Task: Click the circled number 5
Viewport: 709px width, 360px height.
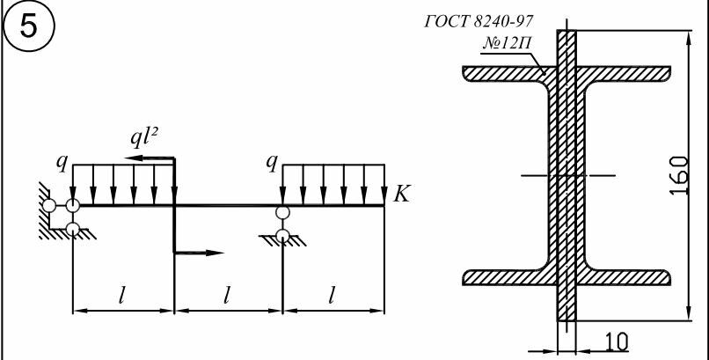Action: tap(28, 27)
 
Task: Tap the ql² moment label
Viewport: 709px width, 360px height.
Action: tap(144, 138)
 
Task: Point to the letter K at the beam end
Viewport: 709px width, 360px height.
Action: tap(400, 194)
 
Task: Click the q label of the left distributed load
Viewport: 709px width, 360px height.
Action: tap(61, 164)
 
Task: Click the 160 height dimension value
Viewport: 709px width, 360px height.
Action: tap(679, 175)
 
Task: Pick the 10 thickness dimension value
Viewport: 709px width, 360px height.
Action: tap(616, 342)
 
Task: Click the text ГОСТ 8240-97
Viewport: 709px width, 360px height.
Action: tap(479, 21)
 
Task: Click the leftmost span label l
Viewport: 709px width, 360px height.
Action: tap(121, 297)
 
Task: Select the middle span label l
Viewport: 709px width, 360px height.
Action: tap(227, 297)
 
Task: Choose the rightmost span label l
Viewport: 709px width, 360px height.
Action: tap(332, 297)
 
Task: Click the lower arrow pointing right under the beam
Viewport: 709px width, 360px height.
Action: tap(199, 253)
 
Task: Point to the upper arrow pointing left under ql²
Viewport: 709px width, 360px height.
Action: tap(150, 158)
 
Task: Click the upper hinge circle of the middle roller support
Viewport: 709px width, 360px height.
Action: tap(282, 212)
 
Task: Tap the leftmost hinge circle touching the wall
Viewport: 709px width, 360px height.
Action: tap(49, 206)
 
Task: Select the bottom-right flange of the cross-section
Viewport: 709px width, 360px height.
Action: tap(624, 277)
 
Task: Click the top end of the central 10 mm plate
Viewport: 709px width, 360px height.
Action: tap(566, 30)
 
